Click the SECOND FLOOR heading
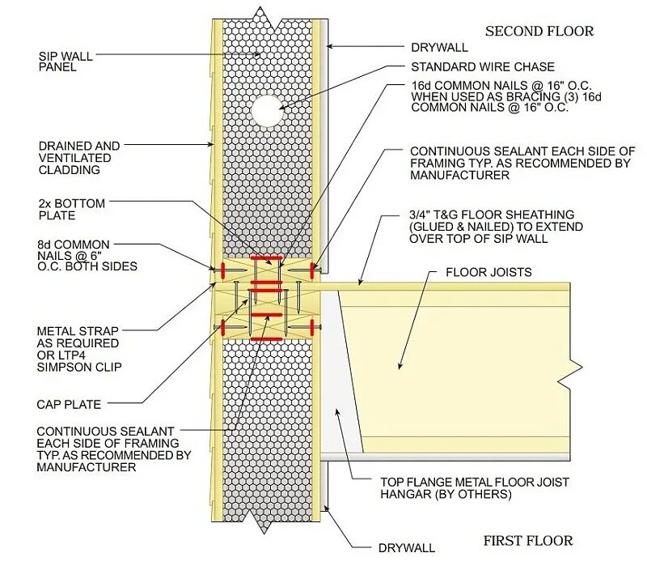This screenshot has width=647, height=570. click(x=539, y=32)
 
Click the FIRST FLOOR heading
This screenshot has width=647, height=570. click(x=527, y=541)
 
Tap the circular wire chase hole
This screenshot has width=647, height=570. click(x=266, y=110)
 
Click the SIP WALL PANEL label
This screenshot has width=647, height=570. click(x=66, y=62)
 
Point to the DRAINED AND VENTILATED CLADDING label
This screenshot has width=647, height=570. click(x=78, y=158)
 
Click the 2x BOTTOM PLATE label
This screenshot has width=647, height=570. click(x=71, y=210)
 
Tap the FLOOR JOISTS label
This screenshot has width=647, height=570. click(x=488, y=272)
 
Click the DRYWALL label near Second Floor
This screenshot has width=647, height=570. click(x=439, y=46)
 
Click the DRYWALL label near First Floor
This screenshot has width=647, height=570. click(x=406, y=548)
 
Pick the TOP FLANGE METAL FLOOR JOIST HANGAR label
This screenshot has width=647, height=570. click(x=475, y=487)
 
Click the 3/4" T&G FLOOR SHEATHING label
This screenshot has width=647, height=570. click(x=496, y=227)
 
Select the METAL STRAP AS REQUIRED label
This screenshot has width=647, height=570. click(x=78, y=349)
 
